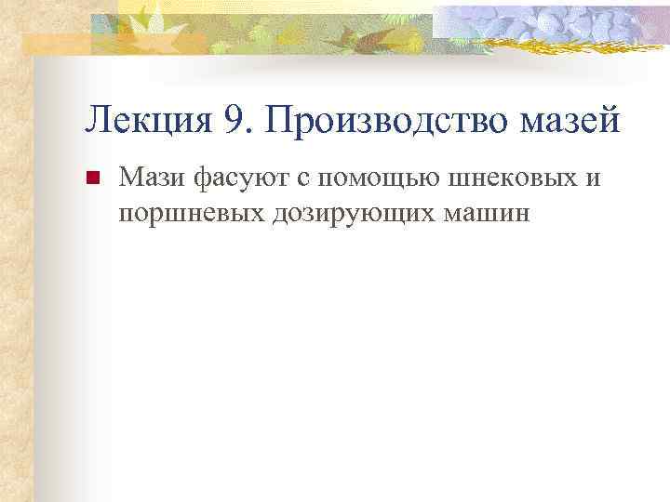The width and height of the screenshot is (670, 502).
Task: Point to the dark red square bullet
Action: pos(91,178)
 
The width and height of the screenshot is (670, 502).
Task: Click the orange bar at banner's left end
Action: pos(56,43)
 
